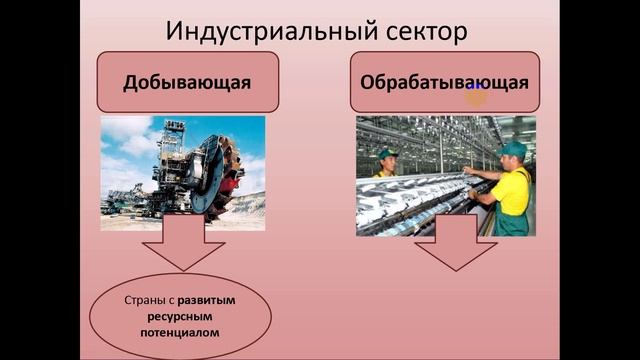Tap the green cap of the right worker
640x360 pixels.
514,148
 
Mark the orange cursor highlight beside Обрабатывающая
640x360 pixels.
476,95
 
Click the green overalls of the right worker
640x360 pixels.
511,222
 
